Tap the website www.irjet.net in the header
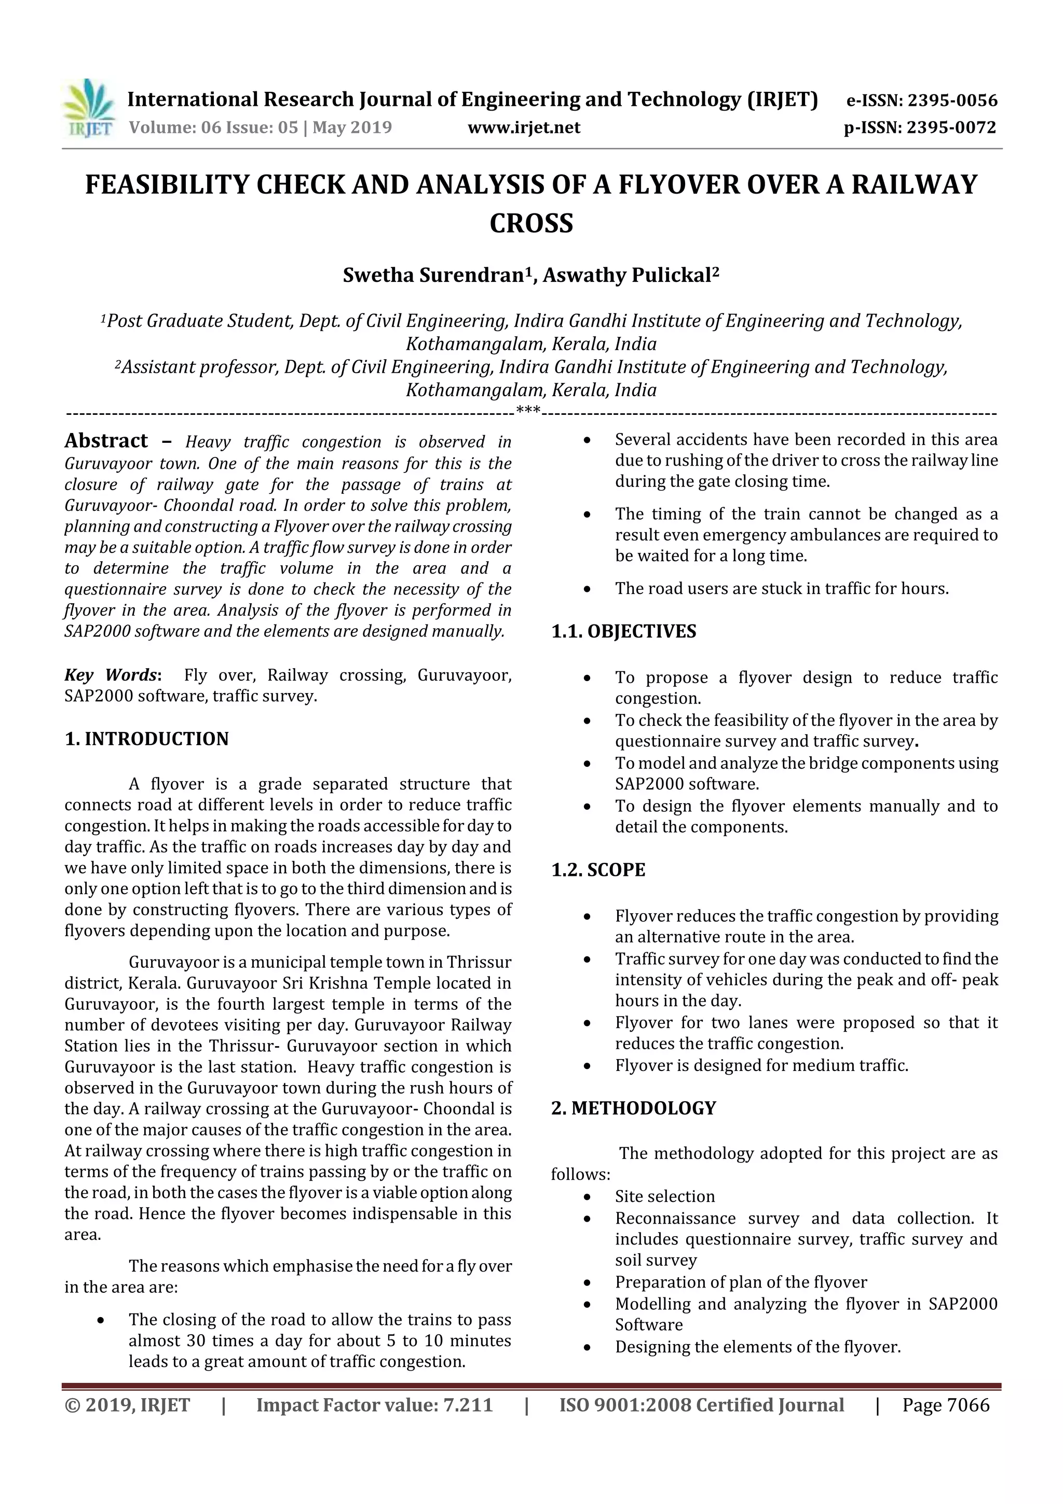coord(523,127)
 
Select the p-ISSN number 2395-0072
coord(951,127)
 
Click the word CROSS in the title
coord(531,223)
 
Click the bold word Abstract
coord(106,440)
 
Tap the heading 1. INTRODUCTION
coord(147,739)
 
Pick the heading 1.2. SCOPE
coord(598,870)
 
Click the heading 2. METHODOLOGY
coord(633,1108)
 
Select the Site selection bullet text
coord(665,1196)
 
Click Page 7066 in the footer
coord(945,1404)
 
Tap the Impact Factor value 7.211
coord(468,1404)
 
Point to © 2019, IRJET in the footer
coord(127,1404)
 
